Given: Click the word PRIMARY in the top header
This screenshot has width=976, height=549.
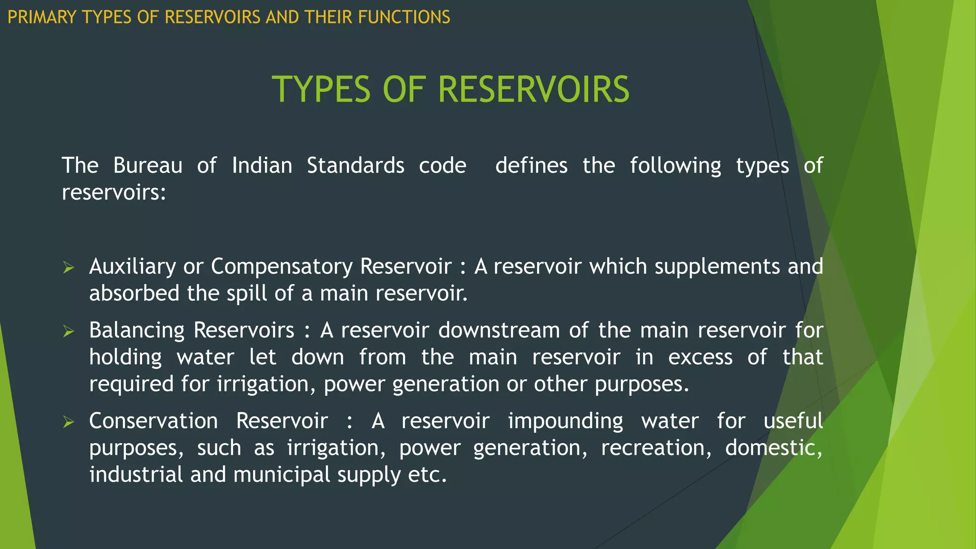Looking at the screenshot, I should point(42,17).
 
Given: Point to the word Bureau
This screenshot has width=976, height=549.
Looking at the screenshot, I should point(148,166).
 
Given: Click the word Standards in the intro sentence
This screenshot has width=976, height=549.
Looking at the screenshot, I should point(356,166).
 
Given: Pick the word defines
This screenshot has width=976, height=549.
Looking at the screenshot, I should point(531,166).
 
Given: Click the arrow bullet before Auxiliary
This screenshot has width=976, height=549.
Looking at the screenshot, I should point(69,268).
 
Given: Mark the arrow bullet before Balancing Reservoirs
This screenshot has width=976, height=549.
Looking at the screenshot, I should point(69,331).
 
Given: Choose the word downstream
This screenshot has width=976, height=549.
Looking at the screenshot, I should point(499,330).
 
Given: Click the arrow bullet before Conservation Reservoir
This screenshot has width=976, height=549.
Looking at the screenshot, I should point(69,422).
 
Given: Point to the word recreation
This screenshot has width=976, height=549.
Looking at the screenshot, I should point(656,448).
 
